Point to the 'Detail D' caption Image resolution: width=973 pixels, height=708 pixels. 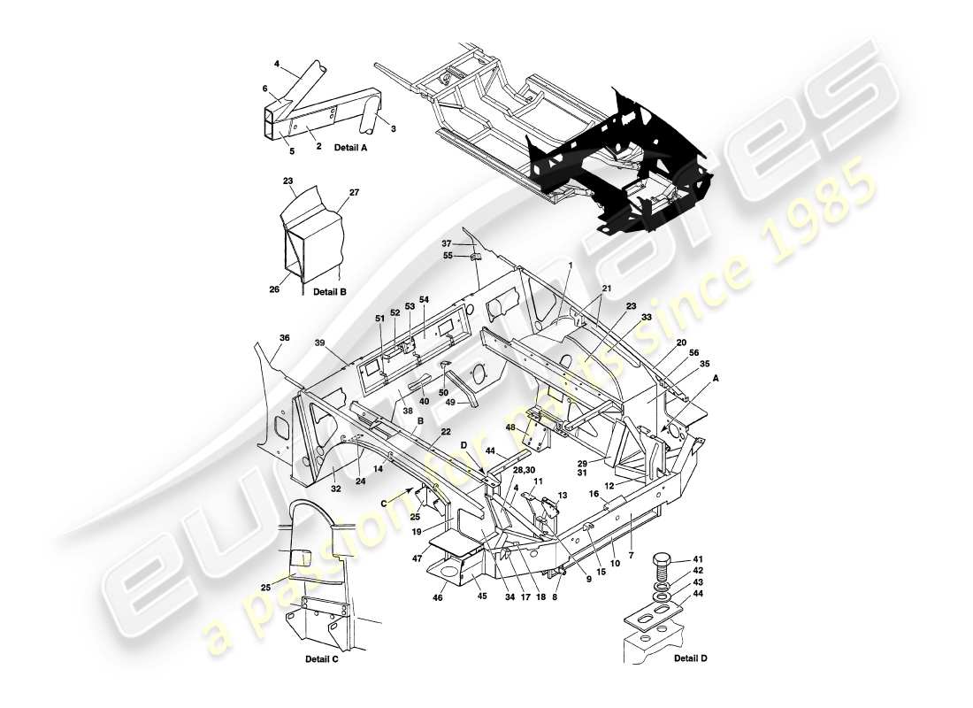(x=690, y=658)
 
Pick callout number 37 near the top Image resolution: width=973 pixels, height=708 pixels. (x=447, y=243)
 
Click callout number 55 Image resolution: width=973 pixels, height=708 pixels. (x=448, y=255)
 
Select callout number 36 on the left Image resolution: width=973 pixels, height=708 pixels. (x=284, y=337)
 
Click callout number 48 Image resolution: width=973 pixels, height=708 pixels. (x=510, y=427)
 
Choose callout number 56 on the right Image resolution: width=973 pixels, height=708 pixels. (x=693, y=352)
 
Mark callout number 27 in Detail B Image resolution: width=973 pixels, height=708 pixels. (x=355, y=192)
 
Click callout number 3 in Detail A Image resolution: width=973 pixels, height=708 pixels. (x=393, y=129)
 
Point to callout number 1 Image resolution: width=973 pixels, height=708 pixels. (x=571, y=265)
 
